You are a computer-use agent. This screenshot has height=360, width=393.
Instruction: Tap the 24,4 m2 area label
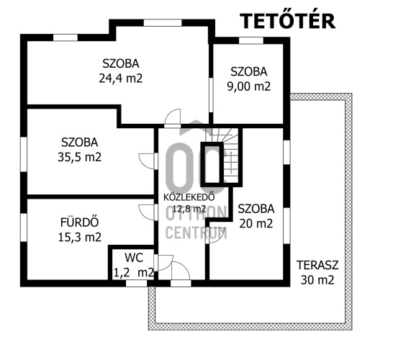coord(121,78)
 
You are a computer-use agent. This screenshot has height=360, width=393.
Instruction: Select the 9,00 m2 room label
coord(249,86)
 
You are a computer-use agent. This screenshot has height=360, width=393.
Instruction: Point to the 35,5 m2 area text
coord(80,157)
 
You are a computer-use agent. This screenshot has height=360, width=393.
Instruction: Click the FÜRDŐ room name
coord(80,222)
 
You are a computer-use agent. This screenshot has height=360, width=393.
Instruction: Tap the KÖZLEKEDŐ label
coord(189,197)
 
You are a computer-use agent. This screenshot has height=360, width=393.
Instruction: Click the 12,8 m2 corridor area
coord(189,208)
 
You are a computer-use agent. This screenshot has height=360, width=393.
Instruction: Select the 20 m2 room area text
coord(256,223)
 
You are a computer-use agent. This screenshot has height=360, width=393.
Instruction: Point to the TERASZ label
coord(317,265)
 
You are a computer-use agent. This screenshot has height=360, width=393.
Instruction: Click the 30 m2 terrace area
coord(317,280)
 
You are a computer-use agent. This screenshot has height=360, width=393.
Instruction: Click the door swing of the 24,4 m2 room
coord(173,117)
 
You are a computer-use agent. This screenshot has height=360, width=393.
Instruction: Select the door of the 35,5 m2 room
coord(147,161)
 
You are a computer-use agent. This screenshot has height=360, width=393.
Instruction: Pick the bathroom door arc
coord(147,212)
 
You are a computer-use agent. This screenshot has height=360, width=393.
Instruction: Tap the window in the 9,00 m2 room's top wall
coord(251,40)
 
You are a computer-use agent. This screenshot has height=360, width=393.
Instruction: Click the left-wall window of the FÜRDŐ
coord(24,227)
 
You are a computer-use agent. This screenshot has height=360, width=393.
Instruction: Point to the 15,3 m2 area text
coord(80,237)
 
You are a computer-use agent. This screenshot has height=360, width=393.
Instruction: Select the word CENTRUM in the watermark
coord(196,233)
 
